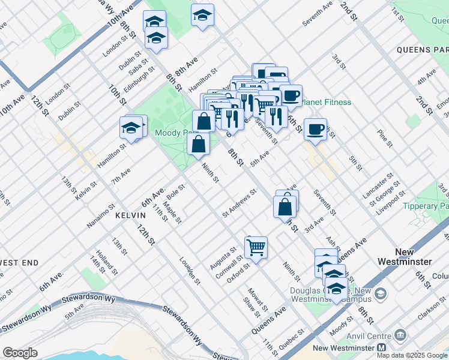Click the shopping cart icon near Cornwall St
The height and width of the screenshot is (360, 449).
point(256,246)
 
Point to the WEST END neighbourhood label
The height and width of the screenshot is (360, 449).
point(18,263)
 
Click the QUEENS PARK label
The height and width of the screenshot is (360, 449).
point(422,49)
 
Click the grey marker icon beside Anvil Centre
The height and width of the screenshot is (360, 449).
point(402,334)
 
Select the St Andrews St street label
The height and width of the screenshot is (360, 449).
point(239,202)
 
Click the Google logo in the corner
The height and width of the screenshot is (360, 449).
point(20,353)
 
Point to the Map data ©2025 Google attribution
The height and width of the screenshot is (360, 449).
point(412,355)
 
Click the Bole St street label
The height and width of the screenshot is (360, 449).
point(176,192)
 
